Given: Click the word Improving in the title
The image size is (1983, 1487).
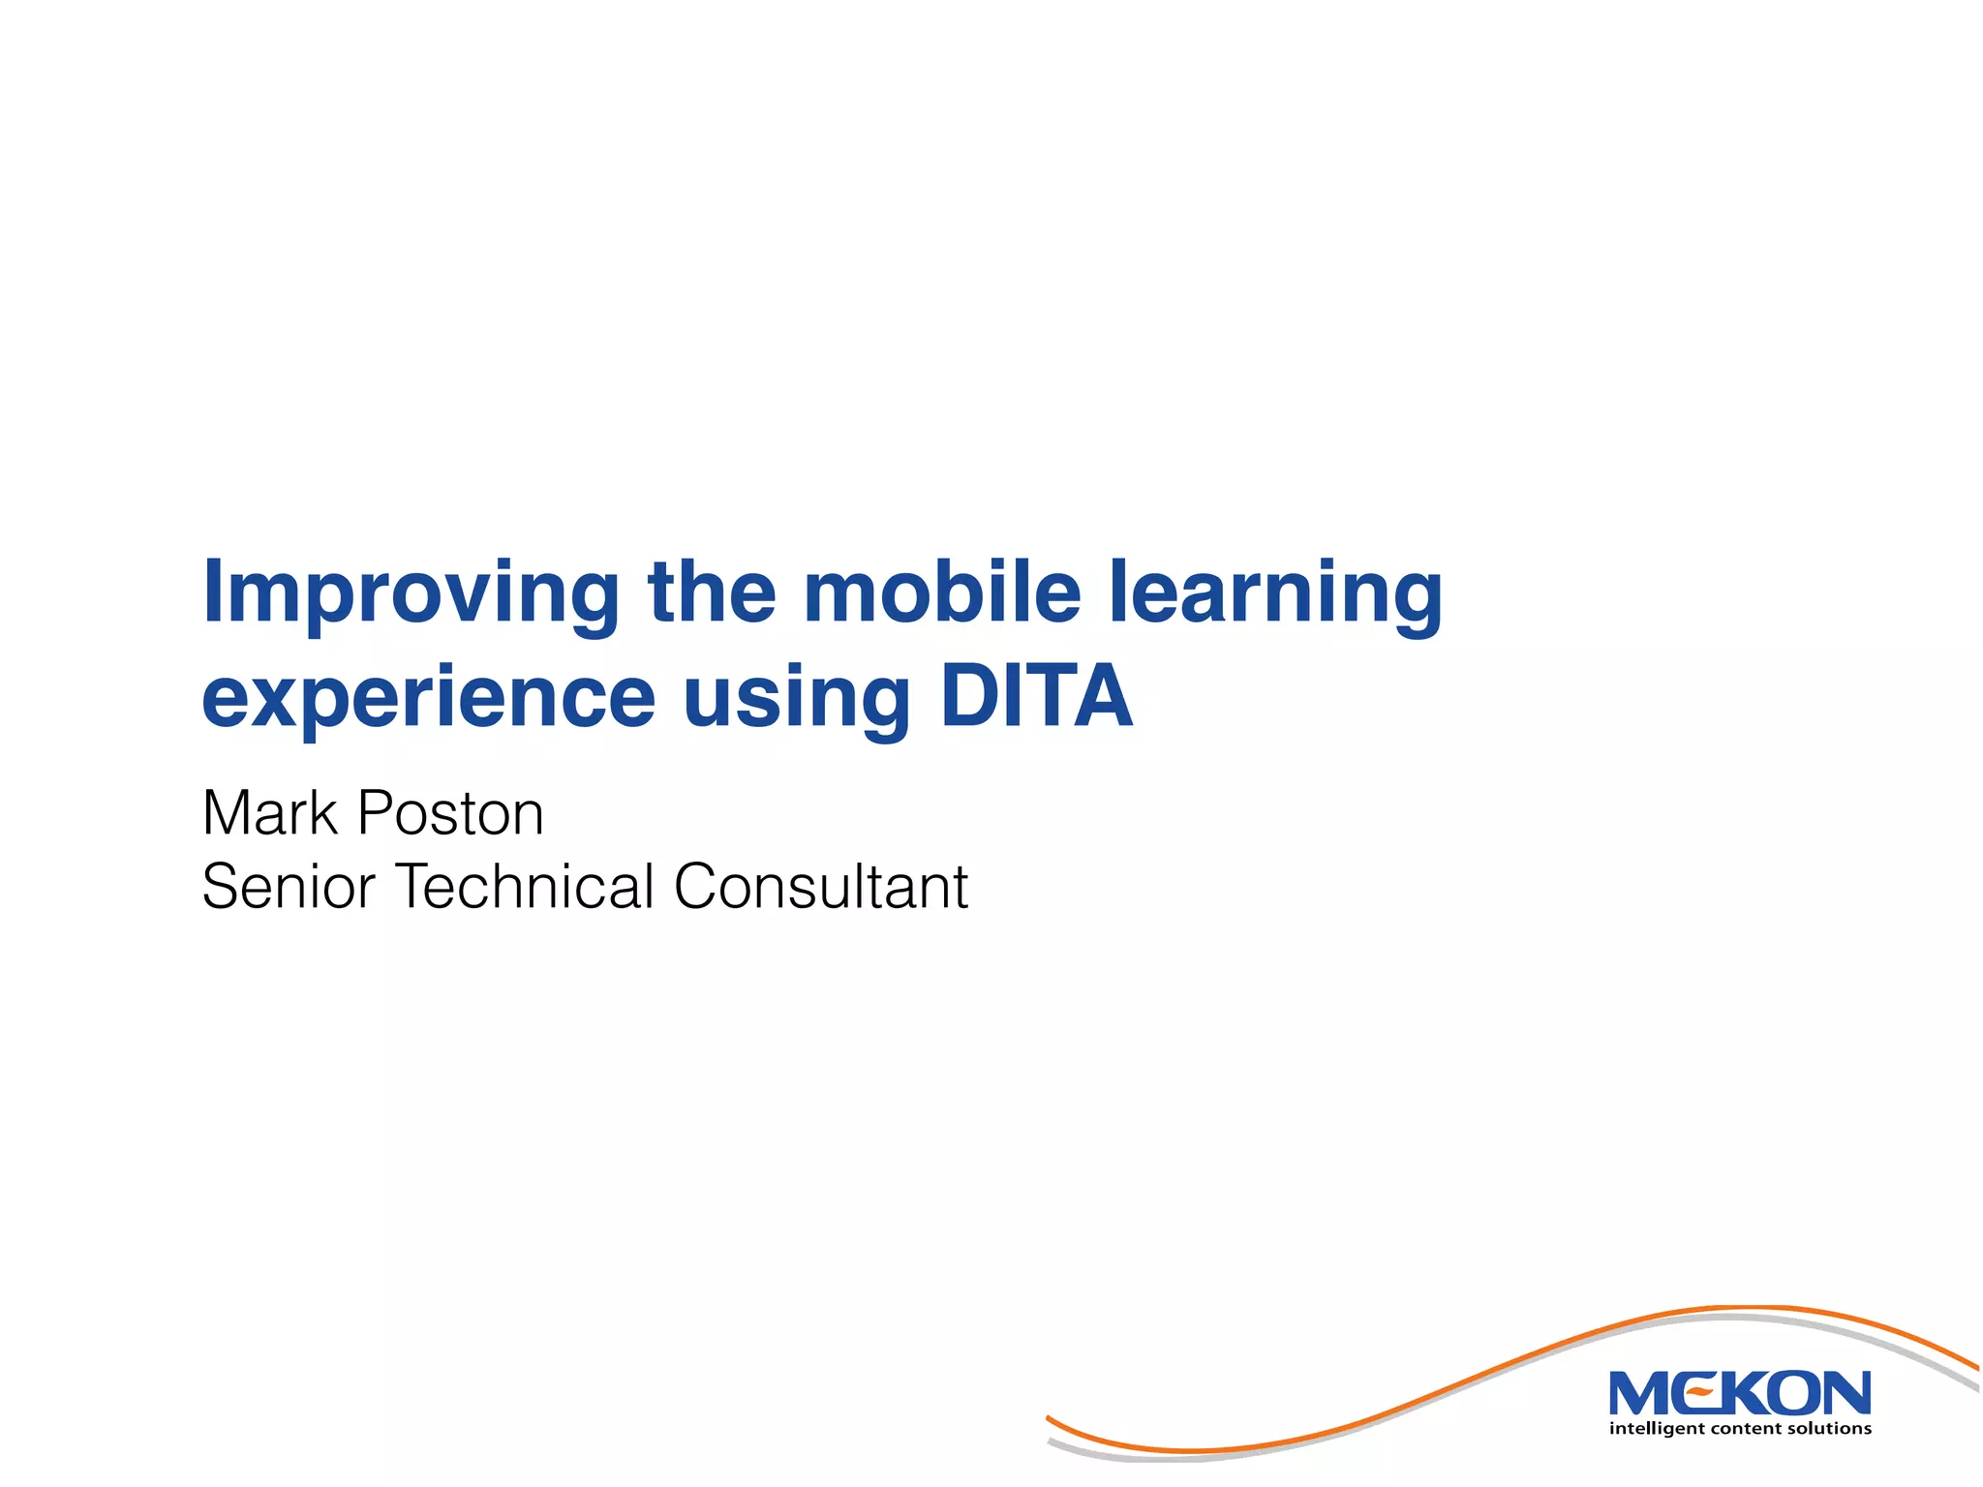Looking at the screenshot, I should click(x=411, y=592).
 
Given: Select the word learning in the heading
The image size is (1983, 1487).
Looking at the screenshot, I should click(x=1275, y=592).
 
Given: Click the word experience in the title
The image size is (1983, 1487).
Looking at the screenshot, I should click(x=428, y=699).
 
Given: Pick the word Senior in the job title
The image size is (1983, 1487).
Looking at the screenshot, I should click(x=288, y=886).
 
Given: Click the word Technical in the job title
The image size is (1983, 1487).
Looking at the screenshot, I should click(x=524, y=886).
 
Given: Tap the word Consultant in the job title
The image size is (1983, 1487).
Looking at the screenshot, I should click(x=821, y=886).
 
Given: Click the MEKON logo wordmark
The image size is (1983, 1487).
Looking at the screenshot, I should click(x=1739, y=1394).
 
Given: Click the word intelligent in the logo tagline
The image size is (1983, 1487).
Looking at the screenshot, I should click(x=1658, y=1429).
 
